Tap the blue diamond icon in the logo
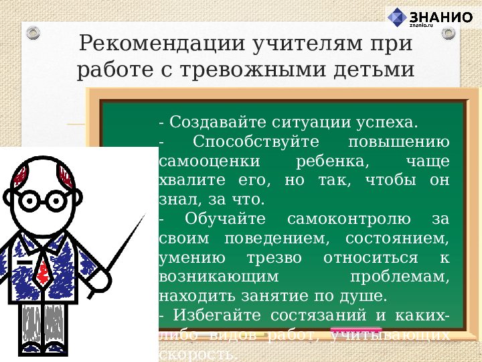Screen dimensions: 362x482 398,18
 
